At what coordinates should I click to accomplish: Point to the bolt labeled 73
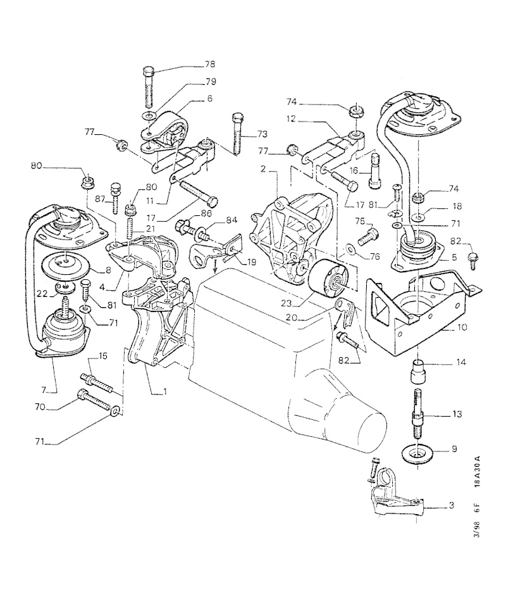[x=237, y=134]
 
